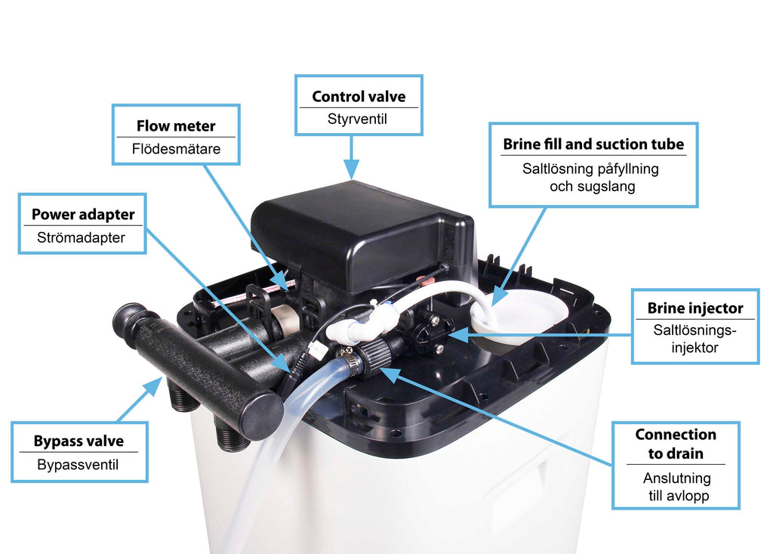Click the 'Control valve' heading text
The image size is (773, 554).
359,96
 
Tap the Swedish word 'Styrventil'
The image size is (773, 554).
357,119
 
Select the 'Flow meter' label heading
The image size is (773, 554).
176,126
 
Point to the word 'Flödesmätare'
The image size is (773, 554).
176,149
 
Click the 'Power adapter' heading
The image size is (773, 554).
83,215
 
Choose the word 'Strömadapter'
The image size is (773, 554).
81,237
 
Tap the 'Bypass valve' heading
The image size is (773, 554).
79,441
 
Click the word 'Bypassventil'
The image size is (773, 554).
78,465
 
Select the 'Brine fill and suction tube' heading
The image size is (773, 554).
593,144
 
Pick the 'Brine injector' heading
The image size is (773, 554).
695,308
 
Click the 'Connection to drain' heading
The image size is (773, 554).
676,444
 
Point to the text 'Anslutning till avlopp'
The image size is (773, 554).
677,487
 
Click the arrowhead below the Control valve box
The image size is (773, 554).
352,170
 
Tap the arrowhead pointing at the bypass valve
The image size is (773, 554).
154,385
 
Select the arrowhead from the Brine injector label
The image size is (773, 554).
458,335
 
